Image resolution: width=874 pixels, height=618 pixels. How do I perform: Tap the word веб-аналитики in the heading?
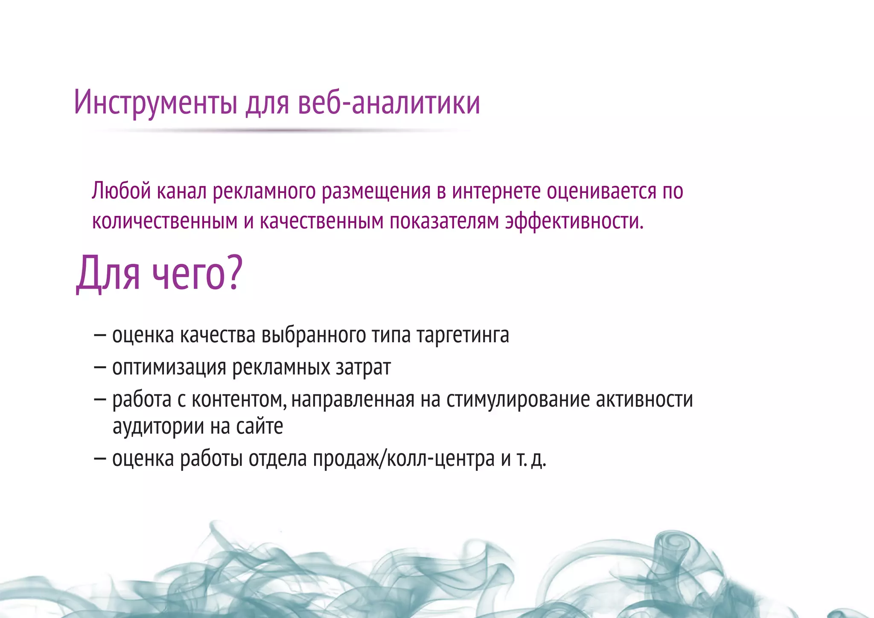(389, 102)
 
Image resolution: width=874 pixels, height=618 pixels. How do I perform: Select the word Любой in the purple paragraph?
(121, 191)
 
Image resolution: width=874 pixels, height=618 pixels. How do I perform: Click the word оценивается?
(601, 191)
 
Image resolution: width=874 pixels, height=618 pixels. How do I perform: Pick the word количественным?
(165, 221)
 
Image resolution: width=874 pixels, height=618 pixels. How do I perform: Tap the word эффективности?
(574, 221)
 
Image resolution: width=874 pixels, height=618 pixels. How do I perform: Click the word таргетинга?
(463, 335)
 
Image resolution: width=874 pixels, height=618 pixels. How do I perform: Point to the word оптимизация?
(169, 367)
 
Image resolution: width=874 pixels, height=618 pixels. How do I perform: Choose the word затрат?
(363, 367)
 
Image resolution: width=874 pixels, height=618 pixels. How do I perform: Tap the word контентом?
(239, 400)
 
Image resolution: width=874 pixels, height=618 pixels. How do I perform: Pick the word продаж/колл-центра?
(404, 459)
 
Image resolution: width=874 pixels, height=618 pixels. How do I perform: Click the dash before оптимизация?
(100, 367)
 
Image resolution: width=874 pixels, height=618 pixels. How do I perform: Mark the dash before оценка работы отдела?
(100, 459)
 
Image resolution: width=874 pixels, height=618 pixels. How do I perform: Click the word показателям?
(444, 221)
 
